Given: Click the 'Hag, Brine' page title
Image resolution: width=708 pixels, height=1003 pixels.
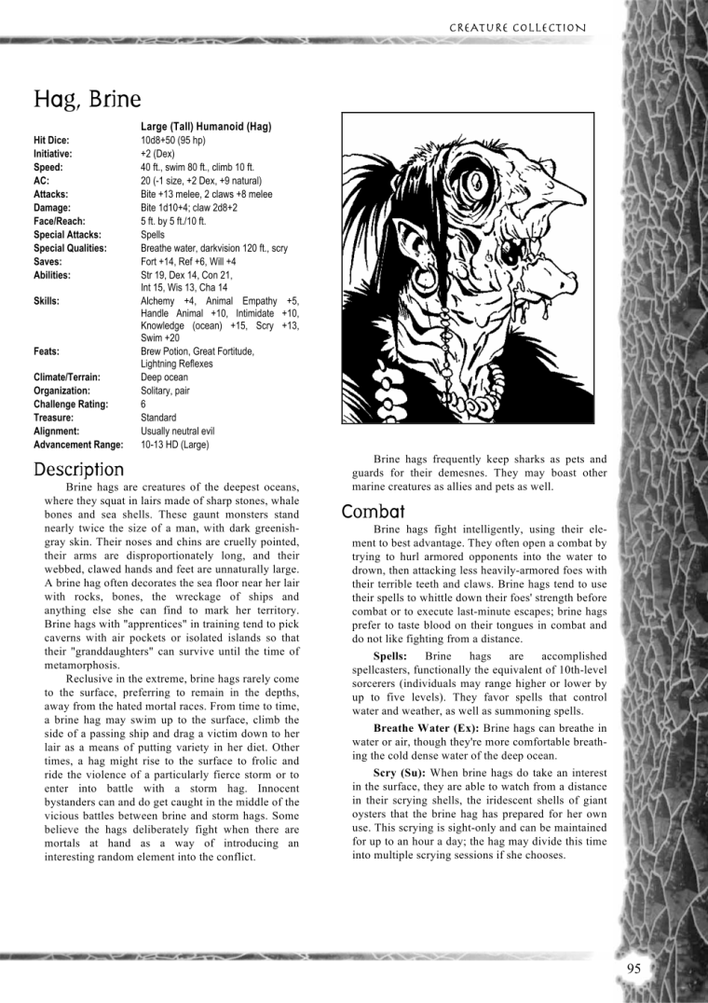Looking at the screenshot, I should coord(88,99).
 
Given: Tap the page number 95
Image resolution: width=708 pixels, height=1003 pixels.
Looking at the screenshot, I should coord(633,969).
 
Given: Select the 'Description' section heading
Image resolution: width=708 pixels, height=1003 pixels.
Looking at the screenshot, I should coord(78,470).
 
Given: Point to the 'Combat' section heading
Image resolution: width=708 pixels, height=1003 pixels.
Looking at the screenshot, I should coord(373,512).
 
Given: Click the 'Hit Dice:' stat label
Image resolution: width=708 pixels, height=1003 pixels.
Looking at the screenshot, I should coord(51,140).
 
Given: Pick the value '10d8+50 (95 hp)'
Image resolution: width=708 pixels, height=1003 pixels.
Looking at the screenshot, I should coord(173,140).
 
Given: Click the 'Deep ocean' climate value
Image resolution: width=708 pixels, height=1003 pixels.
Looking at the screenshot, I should coord(164,378).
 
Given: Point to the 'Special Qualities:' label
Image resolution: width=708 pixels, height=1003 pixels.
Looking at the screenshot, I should coord(70,248).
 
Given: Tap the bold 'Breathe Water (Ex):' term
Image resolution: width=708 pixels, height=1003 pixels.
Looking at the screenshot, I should coord(426,727).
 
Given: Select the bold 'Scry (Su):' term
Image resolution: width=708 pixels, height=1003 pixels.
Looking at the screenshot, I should coord(405,773).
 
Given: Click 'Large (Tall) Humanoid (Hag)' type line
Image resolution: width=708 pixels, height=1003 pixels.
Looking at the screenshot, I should coord(206,126).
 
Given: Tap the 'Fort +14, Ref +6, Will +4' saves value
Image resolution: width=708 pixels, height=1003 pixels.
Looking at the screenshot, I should coord(195,262).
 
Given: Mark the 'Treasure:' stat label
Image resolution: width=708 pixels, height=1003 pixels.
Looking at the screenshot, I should coord(55,418).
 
